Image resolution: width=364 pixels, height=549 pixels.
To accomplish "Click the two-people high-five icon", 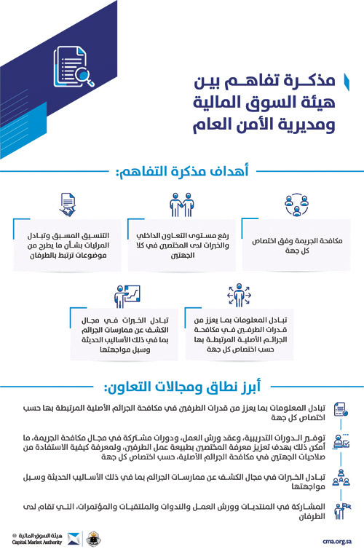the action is pos(181,205).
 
